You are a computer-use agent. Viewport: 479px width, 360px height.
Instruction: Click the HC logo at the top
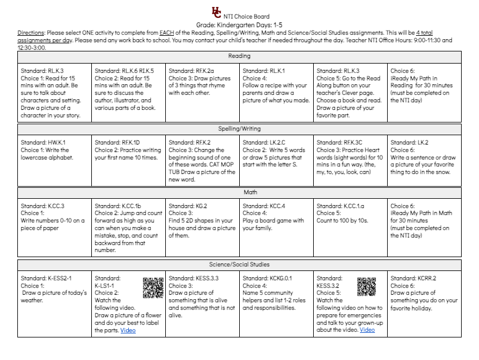coord(216,12)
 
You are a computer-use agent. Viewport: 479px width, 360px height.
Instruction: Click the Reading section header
coord(239,56)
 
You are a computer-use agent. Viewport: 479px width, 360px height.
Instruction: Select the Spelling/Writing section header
coord(239,129)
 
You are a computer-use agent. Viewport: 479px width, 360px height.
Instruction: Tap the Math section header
coord(239,192)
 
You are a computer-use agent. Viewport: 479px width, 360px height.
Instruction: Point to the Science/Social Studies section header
coord(239,265)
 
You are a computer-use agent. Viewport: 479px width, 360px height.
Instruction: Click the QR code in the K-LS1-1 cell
coord(153,287)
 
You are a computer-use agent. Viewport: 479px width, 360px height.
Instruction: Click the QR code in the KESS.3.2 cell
coord(366,287)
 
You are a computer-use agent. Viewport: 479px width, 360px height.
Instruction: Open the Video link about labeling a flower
coord(128,331)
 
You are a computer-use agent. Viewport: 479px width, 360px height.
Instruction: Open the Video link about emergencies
coord(367,330)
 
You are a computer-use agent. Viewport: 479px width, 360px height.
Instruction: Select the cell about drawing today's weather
coord(54,293)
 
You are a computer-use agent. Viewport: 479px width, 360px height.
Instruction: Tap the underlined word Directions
coord(31,33)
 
